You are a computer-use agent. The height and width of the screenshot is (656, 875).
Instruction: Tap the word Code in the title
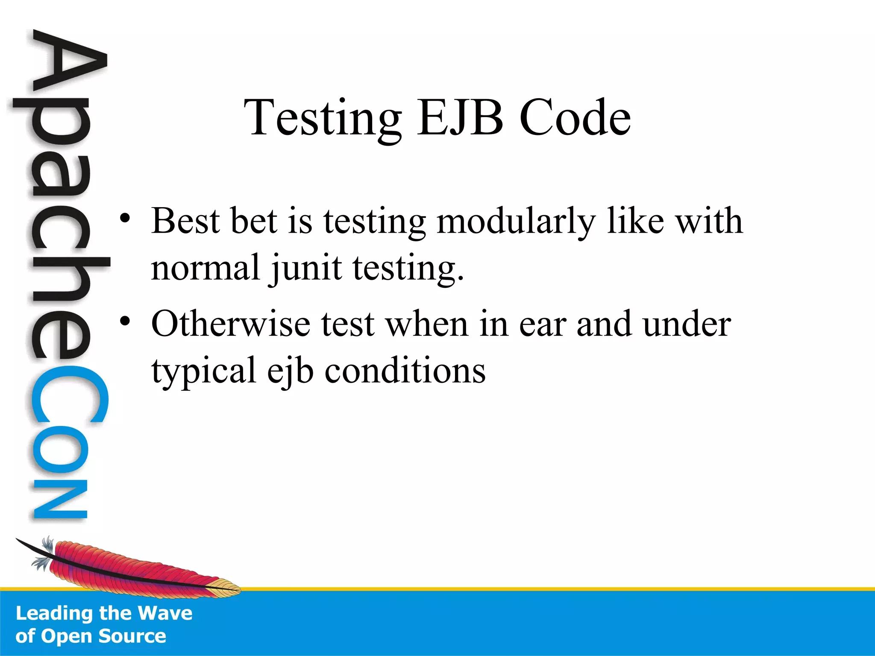tap(575, 117)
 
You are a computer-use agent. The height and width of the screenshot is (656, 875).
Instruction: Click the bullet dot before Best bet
tap(124, 219)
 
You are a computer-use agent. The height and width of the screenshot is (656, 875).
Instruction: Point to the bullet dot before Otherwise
tap(124, 321)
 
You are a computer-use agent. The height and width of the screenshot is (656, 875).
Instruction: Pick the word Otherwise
tap(231, 324)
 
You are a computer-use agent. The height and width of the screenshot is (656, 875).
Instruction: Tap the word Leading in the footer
tap(55, 614)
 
